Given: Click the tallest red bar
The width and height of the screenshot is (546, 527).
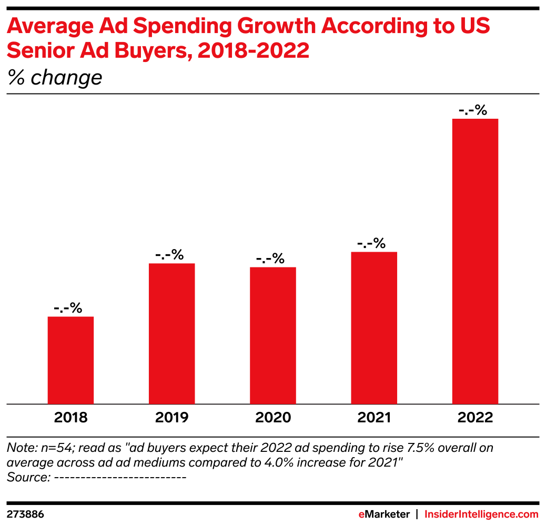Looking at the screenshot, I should click(x=475, y=261).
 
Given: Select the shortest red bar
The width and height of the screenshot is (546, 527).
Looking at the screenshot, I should click(x=70, y=360).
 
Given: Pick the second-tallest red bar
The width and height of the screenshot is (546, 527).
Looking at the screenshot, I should click(x=374, y=328).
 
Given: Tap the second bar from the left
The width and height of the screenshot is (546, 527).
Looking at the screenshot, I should click(x=171, y=334).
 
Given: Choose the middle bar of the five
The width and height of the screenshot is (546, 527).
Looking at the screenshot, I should click(x=273, y=335).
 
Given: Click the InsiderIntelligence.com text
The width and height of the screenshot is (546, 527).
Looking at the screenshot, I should click(x=481, y=514).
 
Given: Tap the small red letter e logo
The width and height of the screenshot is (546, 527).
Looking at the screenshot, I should click(x=361, y=515).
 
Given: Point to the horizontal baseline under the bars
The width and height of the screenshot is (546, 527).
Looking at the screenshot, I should click(x=273, y=405).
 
